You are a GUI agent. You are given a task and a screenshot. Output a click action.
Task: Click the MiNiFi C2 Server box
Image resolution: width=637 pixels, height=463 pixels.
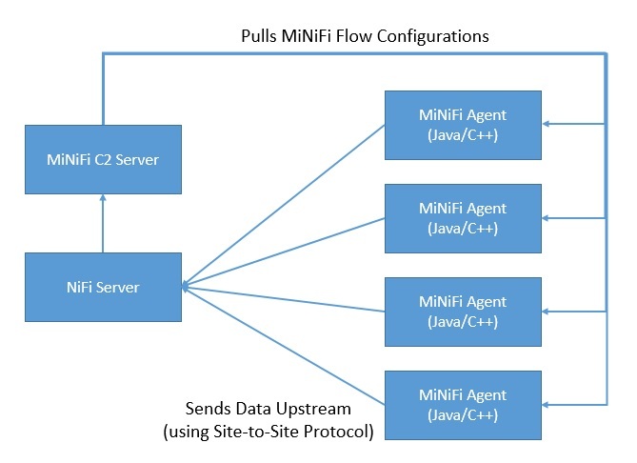pos(103,160)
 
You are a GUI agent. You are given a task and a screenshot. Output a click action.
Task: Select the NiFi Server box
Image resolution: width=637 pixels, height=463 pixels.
pos(103,287)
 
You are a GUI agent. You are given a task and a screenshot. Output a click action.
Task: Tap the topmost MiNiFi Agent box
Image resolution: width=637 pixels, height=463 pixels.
pos(463,124)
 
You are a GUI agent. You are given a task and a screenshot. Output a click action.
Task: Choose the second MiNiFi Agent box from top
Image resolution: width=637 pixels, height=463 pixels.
pos(463,217)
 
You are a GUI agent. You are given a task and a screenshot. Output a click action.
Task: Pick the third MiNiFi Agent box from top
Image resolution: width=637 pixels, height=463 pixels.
pos(463,311)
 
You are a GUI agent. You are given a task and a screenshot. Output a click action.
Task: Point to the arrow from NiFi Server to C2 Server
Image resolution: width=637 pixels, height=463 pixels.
pos(103,223)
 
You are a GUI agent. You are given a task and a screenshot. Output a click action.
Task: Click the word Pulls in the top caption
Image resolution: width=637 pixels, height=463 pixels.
pos(260,36)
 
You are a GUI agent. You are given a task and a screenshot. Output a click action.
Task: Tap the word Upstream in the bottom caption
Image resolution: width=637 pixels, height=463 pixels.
pos(318,409)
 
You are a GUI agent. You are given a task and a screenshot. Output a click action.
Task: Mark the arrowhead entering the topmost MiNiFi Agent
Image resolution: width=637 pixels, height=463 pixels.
pos(547,124)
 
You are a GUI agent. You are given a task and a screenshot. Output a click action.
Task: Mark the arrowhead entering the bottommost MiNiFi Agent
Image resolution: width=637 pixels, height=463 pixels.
pos(547,403)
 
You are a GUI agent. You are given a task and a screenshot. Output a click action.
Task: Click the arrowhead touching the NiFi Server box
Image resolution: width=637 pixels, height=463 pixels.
pos(186,286)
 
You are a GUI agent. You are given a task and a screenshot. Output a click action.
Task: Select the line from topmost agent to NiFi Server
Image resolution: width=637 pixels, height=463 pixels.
pos(286,202)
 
